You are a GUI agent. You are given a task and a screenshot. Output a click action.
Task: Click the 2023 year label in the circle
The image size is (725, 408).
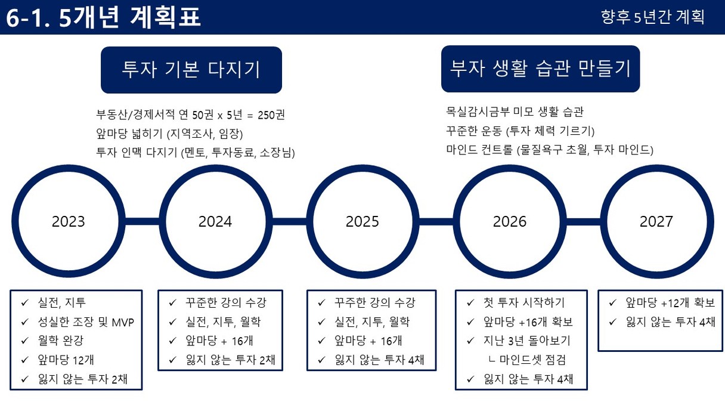(x=69, y=221)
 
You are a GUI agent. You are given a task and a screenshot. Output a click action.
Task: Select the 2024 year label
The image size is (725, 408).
(x=215, y=221)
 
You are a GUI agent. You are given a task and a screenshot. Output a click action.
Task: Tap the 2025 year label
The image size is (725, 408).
(x=362, y=221)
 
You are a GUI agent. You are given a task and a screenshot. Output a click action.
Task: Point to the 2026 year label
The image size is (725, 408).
(x=509, y=221)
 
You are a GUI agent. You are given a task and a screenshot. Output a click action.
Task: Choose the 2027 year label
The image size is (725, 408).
(x=656, y=221)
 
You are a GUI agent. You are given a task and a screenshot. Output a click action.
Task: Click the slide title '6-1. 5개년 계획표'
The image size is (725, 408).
(x=104, y=17)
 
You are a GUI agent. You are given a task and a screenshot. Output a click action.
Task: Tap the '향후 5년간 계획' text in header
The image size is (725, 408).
(x=652, y=17)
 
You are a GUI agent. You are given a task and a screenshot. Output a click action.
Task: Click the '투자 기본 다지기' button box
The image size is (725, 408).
(x=191, y=70)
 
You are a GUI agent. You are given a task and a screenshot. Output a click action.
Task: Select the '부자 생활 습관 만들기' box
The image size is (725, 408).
(x=541, y=69)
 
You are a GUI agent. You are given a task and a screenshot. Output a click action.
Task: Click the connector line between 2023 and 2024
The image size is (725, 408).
(x=142, y=221)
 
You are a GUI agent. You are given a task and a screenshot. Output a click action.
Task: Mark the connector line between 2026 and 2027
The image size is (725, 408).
(x=584, y=221)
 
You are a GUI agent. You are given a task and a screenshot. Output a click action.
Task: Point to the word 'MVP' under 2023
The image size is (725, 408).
(x=123, y=323)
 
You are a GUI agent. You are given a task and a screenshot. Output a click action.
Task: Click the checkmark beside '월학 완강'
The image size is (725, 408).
(x=25, y=341)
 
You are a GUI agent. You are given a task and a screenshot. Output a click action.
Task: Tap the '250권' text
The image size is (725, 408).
(x=271, y=115)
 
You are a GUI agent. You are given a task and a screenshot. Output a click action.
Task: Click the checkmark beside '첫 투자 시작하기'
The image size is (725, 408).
(x=470, y=303)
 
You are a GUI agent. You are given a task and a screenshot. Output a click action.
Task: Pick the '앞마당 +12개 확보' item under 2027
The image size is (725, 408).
(x=670, y=303)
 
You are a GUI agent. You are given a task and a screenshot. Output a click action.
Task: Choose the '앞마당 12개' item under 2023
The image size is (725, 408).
(x=66, y=360)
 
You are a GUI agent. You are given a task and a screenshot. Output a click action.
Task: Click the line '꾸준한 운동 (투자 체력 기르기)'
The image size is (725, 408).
(x=520, y=131)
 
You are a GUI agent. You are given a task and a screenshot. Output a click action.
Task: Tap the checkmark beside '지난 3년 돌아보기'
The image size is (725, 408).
(x=470, y=341)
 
